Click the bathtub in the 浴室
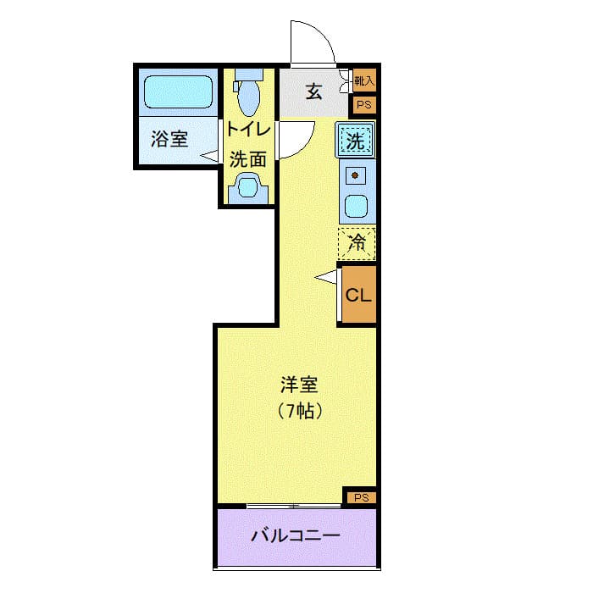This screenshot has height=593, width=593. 178,91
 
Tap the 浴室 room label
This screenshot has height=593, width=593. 169,138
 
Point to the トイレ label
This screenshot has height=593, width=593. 248,130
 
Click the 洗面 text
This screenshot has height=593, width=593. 248,158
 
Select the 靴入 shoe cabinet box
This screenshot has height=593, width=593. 364,81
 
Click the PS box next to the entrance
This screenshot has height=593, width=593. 364,105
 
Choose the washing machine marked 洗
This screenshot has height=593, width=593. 357,141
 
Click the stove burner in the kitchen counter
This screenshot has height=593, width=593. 357,176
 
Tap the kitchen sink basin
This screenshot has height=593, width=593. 357,206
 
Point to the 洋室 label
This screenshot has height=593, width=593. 298,385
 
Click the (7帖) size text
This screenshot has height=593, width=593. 298,413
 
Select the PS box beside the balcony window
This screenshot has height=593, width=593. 361,497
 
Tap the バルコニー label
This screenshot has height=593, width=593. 296,536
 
